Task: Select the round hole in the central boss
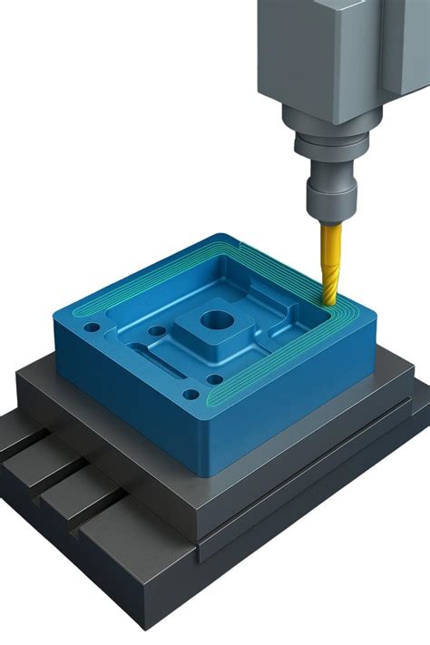tap(216, 319)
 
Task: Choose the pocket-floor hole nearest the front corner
tap(214, 379)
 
